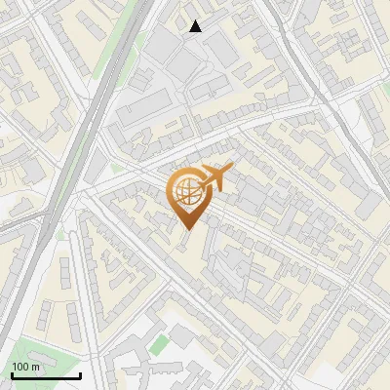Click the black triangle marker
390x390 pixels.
(196, 26)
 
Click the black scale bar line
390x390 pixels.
(46, 375)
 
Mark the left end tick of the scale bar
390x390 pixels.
(12, 373)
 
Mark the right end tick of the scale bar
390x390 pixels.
(80, 373)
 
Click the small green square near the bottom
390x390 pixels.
(159, 343)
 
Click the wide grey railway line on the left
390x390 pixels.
(58, 195)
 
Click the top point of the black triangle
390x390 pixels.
(196, 20)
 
